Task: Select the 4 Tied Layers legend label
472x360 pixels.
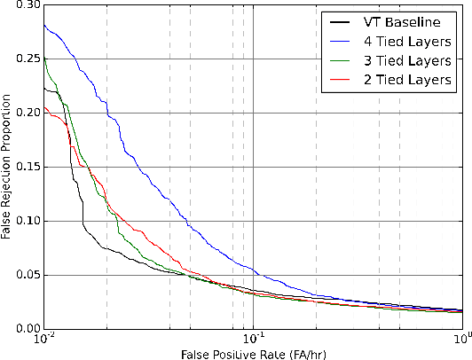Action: [410, 42]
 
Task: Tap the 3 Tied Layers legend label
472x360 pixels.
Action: [410, 61]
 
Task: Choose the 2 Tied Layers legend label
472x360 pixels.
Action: [410, 81]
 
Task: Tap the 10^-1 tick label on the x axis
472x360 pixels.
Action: [254, 340]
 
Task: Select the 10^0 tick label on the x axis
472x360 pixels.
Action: [462, 340]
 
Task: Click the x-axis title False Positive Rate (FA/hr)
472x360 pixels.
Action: [253, 354]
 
